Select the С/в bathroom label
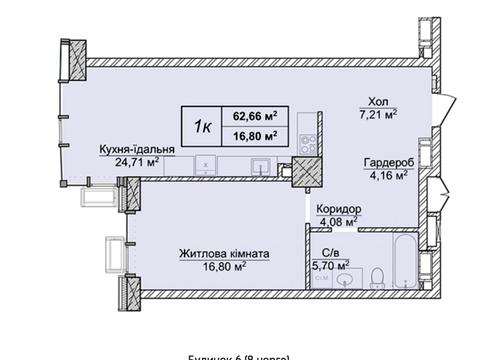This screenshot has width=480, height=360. pyautogui.click(x=325, y=253)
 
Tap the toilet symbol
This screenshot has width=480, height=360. pyautogui.click(x=374, y=280)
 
